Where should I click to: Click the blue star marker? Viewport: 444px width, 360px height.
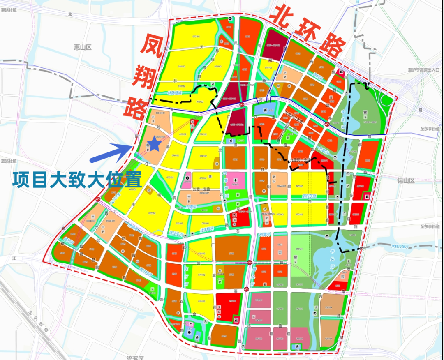[154, 143]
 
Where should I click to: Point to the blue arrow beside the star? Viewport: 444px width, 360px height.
[111, 152]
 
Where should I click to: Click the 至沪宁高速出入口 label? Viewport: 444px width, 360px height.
[421, 70]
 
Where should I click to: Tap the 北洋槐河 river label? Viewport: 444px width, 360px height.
[208, 230]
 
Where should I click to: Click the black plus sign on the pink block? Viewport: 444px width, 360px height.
[236, 180]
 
